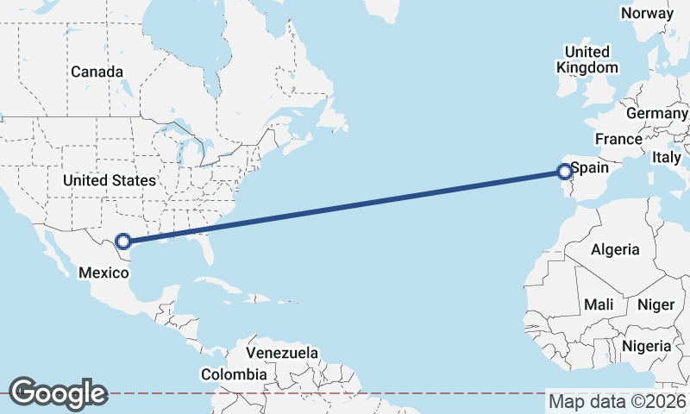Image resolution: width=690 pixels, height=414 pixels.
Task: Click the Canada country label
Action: point(97,72)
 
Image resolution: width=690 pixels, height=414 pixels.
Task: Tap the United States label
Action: point(109,180)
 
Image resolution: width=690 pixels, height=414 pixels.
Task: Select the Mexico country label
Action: point(103,273)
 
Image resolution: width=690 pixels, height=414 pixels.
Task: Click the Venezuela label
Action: point(282,353)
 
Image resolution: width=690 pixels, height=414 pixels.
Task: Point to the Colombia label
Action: point(234,374)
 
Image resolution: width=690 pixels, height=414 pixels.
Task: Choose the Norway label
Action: point(647,13)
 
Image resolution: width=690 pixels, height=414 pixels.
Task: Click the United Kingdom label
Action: point(587,60)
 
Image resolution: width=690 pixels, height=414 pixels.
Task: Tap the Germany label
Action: point(657,114)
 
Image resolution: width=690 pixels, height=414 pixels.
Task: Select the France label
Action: point(618,139)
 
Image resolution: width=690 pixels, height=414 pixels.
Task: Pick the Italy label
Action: point(666,157)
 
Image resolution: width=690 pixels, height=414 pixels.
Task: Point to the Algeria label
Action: point(615,249)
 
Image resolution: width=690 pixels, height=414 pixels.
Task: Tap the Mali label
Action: point(599,304)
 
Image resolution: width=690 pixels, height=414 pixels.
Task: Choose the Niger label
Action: point(655,304)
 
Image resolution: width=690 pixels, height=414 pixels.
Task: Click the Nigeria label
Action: point(646,346)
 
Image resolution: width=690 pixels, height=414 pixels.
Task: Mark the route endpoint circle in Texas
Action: point(123,242)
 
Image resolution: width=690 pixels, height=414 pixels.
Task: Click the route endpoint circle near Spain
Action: point(565,172)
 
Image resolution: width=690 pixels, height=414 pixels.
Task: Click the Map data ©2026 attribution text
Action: point(618,401)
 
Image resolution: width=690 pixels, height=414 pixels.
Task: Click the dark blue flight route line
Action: point(345,207)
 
